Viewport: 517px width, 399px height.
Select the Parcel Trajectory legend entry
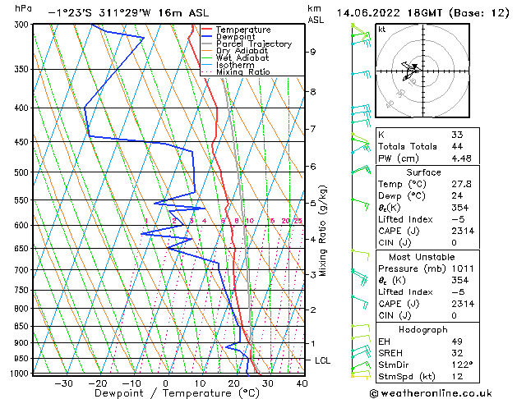tap(253, 44)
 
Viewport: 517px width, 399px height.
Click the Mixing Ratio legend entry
tap(243, 72)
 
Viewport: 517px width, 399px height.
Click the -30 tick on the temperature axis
tap(63, 383)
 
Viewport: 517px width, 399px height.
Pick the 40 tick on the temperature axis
tap(302, 383)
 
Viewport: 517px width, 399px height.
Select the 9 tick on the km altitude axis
tap(313, 52)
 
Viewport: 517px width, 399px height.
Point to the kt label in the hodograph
tap(382, 29)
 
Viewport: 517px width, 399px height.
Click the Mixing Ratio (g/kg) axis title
tap(324, 230)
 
